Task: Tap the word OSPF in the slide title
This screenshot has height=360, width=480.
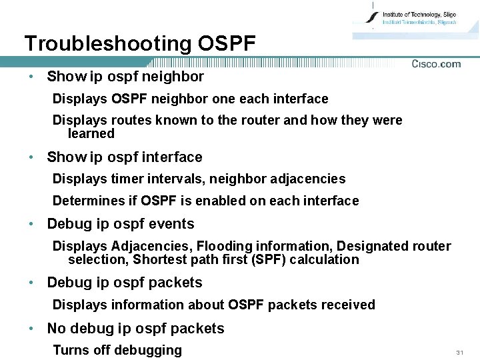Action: coord(227,44)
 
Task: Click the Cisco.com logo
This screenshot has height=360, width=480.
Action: coord(436,64)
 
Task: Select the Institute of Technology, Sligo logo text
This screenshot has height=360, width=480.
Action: coord(419,15)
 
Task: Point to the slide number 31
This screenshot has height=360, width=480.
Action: coord(459,352)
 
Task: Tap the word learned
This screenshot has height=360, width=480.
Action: coord(91,133)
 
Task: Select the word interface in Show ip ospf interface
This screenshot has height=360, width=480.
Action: coord(171,157)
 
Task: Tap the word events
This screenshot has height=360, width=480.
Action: coord(172,224)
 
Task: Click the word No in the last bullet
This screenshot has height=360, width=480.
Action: coord(56,329)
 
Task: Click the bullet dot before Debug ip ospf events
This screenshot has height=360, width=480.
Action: coord(32,224)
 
